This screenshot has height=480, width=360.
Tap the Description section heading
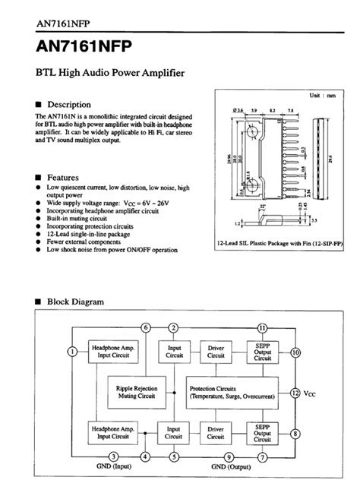point(69,104)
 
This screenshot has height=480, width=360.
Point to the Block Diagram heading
point(75,302)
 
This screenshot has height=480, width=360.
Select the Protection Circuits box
point(232,391)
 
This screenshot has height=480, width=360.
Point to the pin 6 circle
point(146,327)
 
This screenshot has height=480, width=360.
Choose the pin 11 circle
point(261,327)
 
